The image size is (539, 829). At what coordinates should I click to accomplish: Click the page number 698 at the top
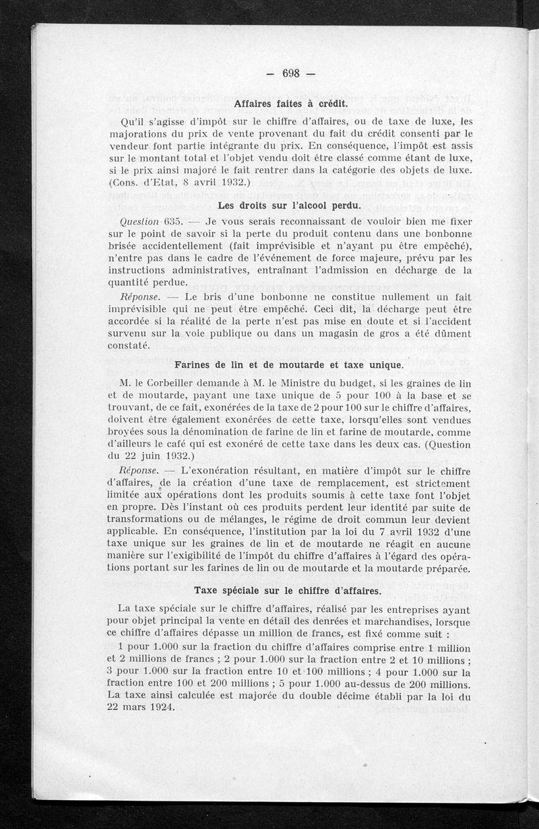tap(290, 74)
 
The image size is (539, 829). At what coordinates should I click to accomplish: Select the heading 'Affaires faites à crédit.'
tap(290, 104)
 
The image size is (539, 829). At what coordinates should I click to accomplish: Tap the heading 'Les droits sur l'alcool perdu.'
tap(290, 205)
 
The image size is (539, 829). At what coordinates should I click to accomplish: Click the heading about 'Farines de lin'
tap(289, 365)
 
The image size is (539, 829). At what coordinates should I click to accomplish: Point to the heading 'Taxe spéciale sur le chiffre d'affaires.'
tap(288, 591)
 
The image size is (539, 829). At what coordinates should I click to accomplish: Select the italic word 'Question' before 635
tap(138, 221)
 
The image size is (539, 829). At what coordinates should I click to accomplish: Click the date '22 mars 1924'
tap(140, 707)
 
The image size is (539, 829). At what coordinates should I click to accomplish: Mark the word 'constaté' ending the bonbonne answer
tap(130, 345)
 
